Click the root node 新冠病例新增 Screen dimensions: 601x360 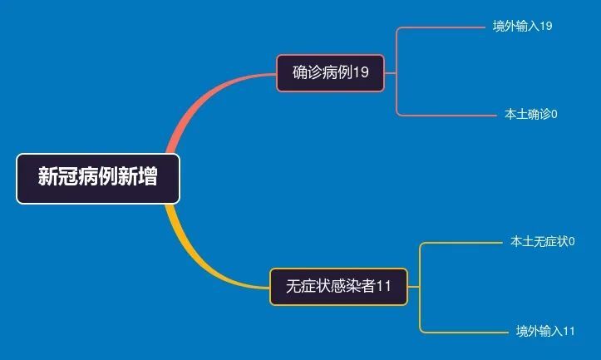[x=98, y=179]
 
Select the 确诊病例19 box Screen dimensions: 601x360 [x=330, y=73]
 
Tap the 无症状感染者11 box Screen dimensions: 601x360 [x=339, y=287]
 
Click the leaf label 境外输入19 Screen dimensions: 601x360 [x=522, y=26]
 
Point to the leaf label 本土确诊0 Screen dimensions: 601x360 [x=531, y=114]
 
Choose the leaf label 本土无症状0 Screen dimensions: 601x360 [x=542, y=241]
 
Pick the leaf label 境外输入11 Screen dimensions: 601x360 [x=545, y=331]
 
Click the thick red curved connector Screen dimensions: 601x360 [x=203, y=99]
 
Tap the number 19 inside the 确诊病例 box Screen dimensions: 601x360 [x=361, y=72]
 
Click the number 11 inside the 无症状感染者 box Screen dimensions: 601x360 [x=383, y=286]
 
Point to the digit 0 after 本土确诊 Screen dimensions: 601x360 [x=554, y=114]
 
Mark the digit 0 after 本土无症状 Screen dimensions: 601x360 [x=571, y=241]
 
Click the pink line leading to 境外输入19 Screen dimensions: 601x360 [x=441, y=27]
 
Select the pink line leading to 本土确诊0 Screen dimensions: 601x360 [x=446, y=115]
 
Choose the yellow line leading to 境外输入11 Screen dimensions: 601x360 [x=464, y=333]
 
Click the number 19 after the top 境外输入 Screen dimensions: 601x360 [x=546, y=26]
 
